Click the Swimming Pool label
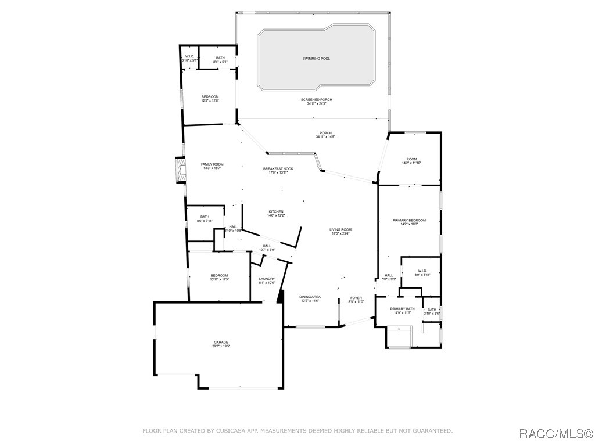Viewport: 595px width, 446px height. coord(316,59)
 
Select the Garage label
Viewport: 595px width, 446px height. coord(220,343)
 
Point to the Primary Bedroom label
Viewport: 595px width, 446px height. coord(409,221)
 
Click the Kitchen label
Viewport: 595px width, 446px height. coord(276,211)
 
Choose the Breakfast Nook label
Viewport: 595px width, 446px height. coord(278,169)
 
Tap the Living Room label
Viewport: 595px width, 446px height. coord(341,229)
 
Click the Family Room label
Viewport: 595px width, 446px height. coord(212,164)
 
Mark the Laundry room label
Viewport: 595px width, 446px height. coord(267,279)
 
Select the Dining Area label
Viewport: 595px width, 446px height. coord(310,297)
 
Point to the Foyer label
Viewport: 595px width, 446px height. coord(356,298)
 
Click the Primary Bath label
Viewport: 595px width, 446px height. coord(402,309)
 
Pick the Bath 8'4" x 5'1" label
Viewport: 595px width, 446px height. coord(220,58)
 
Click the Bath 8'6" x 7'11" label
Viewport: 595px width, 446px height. coord(205,217)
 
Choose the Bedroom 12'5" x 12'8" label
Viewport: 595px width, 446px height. coord(210,96)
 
